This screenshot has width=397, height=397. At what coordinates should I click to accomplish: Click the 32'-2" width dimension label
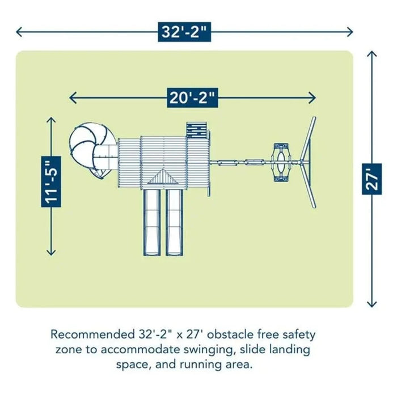pos(184,32)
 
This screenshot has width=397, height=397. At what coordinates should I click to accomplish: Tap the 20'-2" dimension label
pos(192,98)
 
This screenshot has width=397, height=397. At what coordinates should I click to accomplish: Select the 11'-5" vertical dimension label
pos(51,181)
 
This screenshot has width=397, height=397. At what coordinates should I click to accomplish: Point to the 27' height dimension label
pos(371,179)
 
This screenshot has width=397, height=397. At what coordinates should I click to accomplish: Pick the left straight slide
pos(152,222)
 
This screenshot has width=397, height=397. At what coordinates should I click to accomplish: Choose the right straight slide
pos(174,222)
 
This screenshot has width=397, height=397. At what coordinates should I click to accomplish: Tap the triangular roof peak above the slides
pos(163,177)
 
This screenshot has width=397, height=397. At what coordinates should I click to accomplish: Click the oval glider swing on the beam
pos(281,162)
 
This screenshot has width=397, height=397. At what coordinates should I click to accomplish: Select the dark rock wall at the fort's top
pos(197,130)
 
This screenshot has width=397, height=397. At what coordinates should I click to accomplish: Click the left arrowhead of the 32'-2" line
pos(19,32)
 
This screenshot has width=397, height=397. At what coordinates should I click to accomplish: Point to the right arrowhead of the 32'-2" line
pos(350,32)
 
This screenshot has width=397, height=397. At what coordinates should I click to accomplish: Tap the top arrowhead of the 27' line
pos(371,54)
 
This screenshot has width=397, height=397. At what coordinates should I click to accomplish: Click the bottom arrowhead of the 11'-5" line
pos(51,252)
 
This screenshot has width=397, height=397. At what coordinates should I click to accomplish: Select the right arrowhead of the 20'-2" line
pos(312,98)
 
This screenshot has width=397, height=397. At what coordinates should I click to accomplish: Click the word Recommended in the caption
pos(92,335)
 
